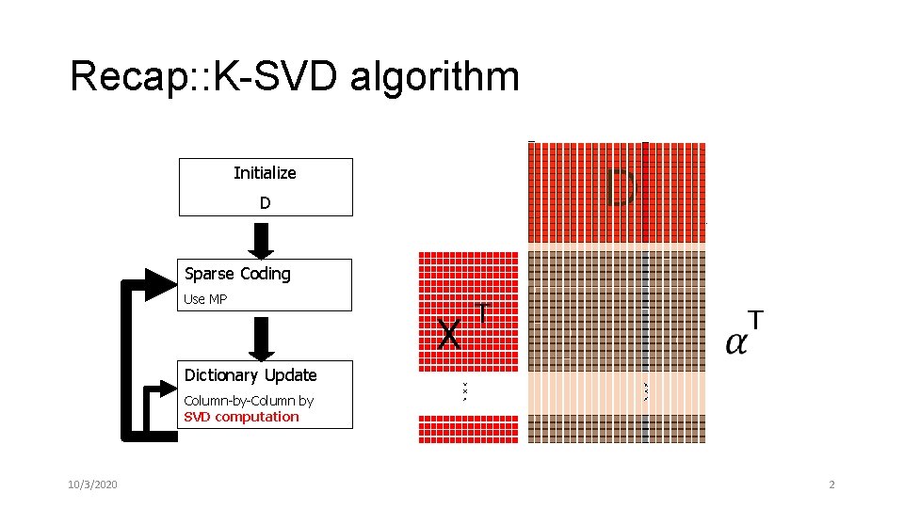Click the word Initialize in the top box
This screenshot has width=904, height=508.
pyautogui.click(x=265, y=172)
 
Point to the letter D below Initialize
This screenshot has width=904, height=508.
pyautogui.click(x=265, y=203)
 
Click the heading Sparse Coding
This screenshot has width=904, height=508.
pyautogui.click(x=237, y=274)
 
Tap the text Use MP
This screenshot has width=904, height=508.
pyautogui.click(x=206, y=299)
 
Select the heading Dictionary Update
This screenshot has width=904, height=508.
pyautogui.click(x=250, y=375)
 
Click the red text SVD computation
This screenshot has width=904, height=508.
pyautogui.click(x=241, y=417)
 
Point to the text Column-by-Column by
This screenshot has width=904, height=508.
pyautogui.click(x=249, y=401)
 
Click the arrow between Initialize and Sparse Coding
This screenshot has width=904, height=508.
pyautogui.click(x=265, y=238)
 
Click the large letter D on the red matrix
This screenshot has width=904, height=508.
pyautogui.click(x=621, y=188)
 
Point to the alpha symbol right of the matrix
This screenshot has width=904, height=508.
pyautogui.click(x=737, y=341)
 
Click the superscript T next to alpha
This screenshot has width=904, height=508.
pyautogui.click(x=755, y=320)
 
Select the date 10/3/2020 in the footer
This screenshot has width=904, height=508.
pyautogui.click(x=93, y=484)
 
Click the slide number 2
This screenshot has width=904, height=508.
pyautogui.click(x=831, y=484)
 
